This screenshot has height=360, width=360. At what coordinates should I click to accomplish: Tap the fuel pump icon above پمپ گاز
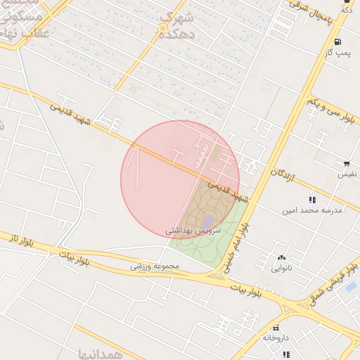338,41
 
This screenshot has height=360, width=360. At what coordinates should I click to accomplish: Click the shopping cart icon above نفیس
347,163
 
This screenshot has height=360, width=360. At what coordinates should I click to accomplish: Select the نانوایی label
283,267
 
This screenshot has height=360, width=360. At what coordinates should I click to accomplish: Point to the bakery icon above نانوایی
283,257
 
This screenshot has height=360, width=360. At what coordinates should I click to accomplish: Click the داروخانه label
276,337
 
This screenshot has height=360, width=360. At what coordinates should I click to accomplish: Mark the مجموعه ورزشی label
155,267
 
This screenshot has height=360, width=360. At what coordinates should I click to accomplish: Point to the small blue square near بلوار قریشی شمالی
350,287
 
